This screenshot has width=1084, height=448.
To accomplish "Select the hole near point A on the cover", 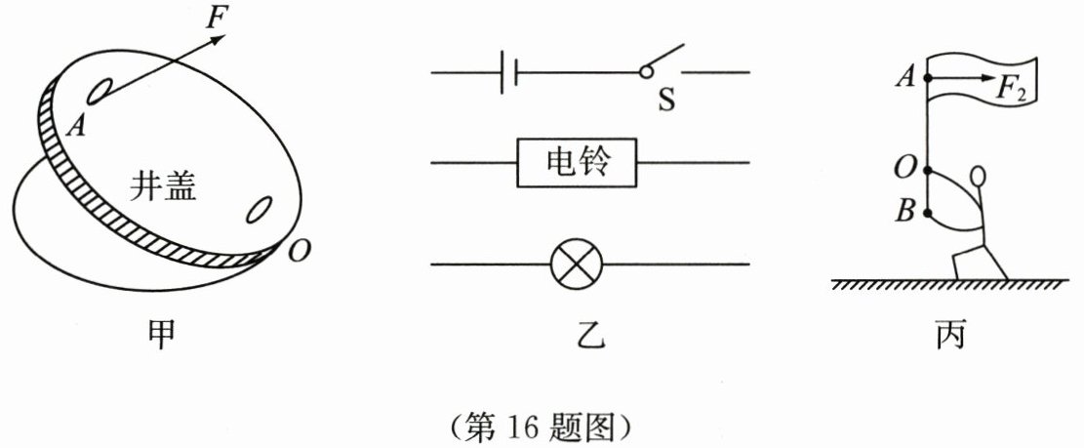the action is [100, 90].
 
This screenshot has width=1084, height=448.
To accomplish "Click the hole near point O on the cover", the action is [260, 209].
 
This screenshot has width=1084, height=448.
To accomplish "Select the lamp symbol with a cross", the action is [576, 264].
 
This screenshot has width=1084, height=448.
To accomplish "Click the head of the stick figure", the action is [980, 178].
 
